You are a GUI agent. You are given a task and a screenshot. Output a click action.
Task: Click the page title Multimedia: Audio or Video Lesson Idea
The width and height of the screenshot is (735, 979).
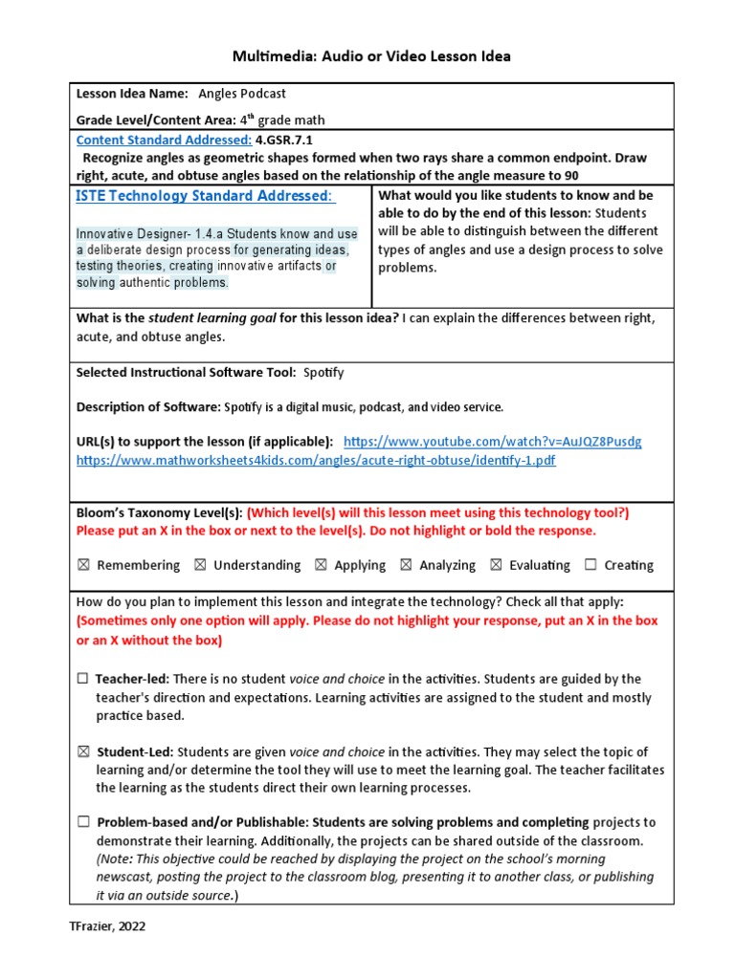click(x=371, y=56)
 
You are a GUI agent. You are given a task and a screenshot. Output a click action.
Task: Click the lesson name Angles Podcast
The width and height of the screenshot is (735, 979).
click(x=242, y=94)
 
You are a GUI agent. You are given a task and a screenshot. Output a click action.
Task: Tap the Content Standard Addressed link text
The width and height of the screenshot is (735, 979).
click(x=164, y=140)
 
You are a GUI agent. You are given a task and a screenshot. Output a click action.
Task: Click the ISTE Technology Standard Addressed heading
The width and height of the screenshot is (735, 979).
click(x=205, y=196)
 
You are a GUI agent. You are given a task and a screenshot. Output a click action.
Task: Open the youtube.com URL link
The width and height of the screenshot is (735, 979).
click(x=492, y=442)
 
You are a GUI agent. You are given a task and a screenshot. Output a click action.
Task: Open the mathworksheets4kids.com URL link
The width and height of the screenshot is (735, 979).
click(x=316, y=460)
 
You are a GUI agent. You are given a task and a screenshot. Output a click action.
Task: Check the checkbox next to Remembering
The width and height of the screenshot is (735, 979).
click(x=83, y=565)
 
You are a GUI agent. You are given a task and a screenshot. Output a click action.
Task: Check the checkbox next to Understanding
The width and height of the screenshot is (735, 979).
click(x=200, y=565)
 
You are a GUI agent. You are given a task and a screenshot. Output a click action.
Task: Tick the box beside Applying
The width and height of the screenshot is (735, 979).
click(x=321, y=565)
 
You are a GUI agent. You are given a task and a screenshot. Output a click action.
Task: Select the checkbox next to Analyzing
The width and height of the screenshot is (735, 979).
click(x=406, y=565)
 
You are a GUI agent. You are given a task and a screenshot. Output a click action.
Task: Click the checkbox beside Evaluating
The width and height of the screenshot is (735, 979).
click(x=496, y=565)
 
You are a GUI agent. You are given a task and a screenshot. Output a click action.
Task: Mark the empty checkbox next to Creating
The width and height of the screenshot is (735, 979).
click(x=590, y=565)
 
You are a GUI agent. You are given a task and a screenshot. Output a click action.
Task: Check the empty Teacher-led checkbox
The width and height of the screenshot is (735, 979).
click(x=83, y=679)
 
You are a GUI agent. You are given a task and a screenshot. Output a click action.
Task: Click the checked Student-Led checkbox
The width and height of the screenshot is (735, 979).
click(x=83, y=752)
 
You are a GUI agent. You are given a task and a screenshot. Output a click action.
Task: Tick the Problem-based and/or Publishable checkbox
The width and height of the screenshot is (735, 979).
click(x=83, y=822)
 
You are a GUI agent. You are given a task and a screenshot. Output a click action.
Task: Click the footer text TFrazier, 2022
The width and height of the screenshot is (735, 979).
click(x=107, y=926)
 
